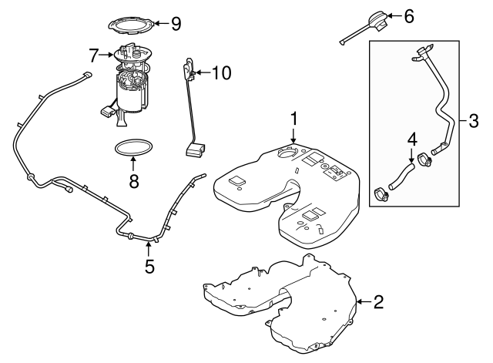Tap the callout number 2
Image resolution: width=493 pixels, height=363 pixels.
[x=378, y=301]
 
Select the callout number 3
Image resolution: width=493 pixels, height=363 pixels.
[x=474, y=120]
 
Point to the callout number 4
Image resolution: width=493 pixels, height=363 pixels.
[x=412, y=139]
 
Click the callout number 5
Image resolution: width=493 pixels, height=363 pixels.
[x=149, y=267]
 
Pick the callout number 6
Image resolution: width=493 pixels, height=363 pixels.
[x=408, y=15]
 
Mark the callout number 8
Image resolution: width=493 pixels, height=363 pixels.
[x=133, y=183]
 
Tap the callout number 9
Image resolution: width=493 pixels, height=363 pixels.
[x=176, y=24]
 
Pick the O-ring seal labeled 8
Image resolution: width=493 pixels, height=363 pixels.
[x=133, y=147]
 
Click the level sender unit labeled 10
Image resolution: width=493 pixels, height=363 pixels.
[x=190, y=108]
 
